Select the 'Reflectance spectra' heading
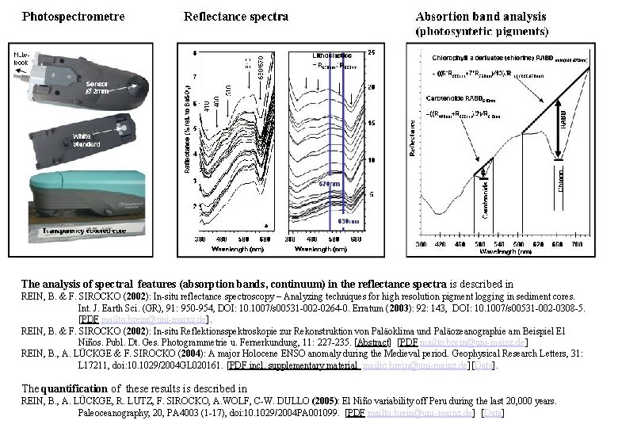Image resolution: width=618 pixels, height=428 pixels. [236, 15]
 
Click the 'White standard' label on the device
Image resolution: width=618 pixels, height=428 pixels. [86, 140]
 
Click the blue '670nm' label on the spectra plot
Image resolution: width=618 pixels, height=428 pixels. [329, 184]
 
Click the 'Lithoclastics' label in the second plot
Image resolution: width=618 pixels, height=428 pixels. [333, 55]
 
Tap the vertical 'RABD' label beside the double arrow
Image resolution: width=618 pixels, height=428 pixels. [563, 119]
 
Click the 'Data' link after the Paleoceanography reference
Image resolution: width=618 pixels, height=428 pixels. [493, 413]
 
